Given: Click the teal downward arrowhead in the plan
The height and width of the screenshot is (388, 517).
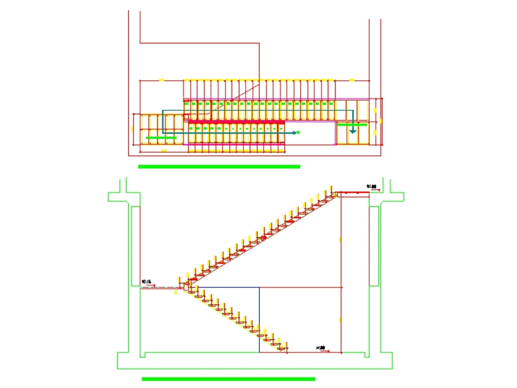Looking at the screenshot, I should pos(353,131).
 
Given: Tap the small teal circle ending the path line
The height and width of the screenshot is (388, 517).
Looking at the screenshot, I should pos(294,133).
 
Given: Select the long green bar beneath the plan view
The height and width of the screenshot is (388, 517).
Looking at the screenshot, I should pos(219,166).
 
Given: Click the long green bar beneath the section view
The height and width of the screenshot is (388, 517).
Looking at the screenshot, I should pos(229,379).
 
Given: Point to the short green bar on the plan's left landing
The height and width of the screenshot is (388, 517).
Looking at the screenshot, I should pos(161,138).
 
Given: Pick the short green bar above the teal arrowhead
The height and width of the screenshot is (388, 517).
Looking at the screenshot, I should pos(352,125).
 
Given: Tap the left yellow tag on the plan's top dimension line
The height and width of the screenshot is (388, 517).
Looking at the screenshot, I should pos(161,80).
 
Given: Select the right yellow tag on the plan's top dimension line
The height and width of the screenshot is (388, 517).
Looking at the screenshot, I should pos(352,80).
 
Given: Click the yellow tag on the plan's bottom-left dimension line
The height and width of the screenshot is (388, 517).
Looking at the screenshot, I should pos(163,151).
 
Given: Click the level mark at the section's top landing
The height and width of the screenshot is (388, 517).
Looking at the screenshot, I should pos(371,187).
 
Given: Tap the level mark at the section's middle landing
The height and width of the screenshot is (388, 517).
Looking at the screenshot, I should pos(148,282).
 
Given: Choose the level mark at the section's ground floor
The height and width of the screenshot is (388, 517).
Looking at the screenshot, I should pos(321,348).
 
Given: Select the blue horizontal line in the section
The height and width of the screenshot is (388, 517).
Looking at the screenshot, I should pos(227,287).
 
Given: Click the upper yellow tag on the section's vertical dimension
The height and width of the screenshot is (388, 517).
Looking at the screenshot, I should pos(340,239).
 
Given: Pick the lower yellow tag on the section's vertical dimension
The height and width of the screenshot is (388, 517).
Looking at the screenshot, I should pos(340,319).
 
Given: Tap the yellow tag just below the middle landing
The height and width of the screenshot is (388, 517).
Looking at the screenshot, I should pos(176,292).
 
